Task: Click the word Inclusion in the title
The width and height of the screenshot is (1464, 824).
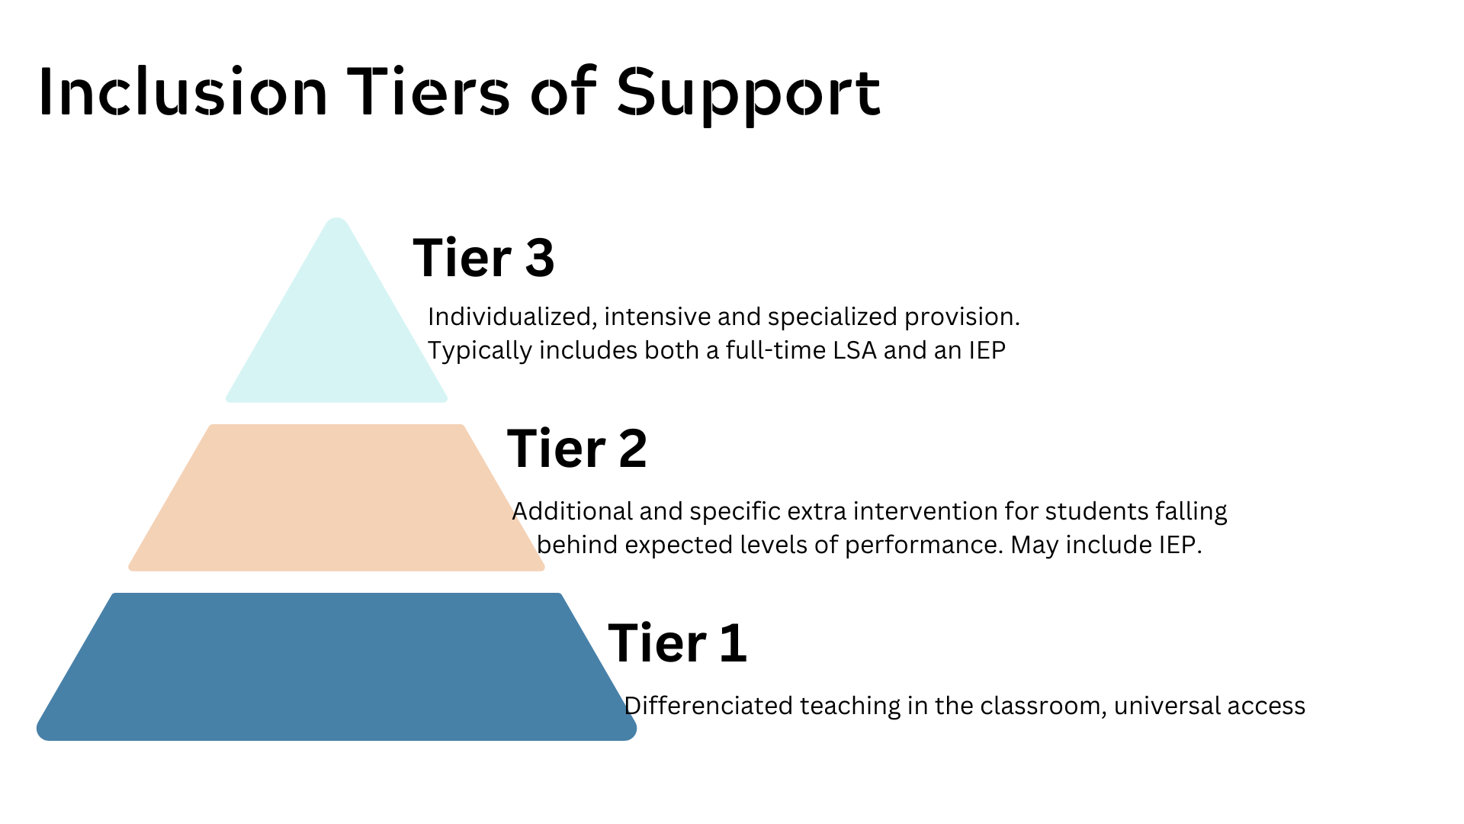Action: pyautogui.click(x=183, y=93)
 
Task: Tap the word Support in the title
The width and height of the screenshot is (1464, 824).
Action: pyautogui.click(x=748, y=93)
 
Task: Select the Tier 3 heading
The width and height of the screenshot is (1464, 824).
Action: pyautogui.click(x=483, y=258)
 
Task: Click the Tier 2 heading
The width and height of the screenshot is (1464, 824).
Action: pyautogui.click(x=577, y=449)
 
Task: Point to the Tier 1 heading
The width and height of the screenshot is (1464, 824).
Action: pyautogui.click(x=678, y=643)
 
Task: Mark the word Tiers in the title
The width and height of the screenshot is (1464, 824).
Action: pyautogui.click(x=429, y=93)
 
